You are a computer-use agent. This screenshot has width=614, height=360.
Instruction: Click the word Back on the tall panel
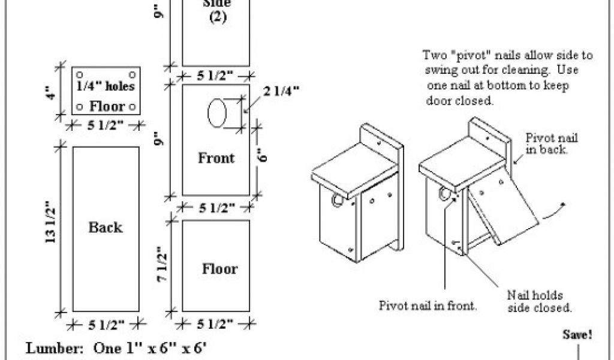pos(106,227)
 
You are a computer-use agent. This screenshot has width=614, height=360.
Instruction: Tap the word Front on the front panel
pos(216,158)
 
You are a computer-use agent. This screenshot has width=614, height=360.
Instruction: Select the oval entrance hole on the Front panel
pos(217,113)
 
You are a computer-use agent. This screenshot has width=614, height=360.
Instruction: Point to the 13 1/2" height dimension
pos(51,222)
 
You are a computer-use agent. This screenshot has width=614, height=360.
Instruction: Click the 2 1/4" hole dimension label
pos(281,91)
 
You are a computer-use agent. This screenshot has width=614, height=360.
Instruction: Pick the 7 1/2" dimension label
pos(162,264)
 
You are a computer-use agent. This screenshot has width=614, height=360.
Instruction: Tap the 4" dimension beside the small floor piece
pos(52,93)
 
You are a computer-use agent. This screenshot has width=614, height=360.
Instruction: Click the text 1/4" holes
pos(106,86)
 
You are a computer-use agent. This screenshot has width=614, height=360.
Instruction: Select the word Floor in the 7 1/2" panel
pos(219,269)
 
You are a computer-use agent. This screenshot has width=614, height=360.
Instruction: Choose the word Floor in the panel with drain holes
pos(107,106)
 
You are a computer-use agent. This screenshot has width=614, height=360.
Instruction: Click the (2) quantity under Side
pos(218,17)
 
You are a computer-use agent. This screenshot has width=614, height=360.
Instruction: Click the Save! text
pos(577,335)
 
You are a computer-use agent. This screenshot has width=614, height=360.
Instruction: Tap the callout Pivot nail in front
pos(428,305)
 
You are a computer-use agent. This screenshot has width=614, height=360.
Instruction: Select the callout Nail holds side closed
pos(539,301)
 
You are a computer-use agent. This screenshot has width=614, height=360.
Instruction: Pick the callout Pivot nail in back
pos(552,143)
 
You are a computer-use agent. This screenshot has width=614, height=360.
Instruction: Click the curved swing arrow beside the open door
pos(552,211)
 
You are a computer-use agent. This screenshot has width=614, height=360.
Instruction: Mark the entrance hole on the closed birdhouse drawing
pos(337,200)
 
